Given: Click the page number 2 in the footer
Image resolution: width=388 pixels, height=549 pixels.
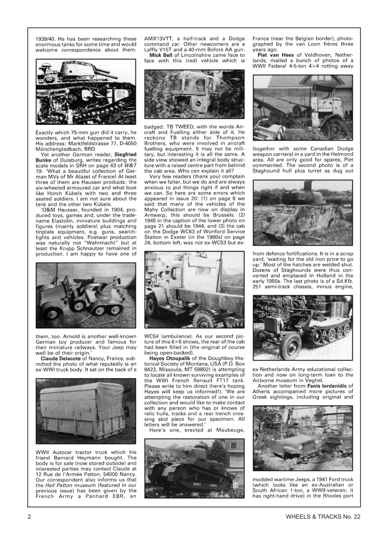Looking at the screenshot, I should point(29,516).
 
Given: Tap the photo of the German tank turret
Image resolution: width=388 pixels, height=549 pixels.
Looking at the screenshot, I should point(86,92).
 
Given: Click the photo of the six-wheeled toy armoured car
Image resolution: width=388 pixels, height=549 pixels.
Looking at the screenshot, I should point(86,296).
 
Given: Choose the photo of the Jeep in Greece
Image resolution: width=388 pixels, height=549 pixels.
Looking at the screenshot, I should point(303,437).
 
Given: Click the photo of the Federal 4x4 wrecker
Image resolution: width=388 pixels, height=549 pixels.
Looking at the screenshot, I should point(303,108).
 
